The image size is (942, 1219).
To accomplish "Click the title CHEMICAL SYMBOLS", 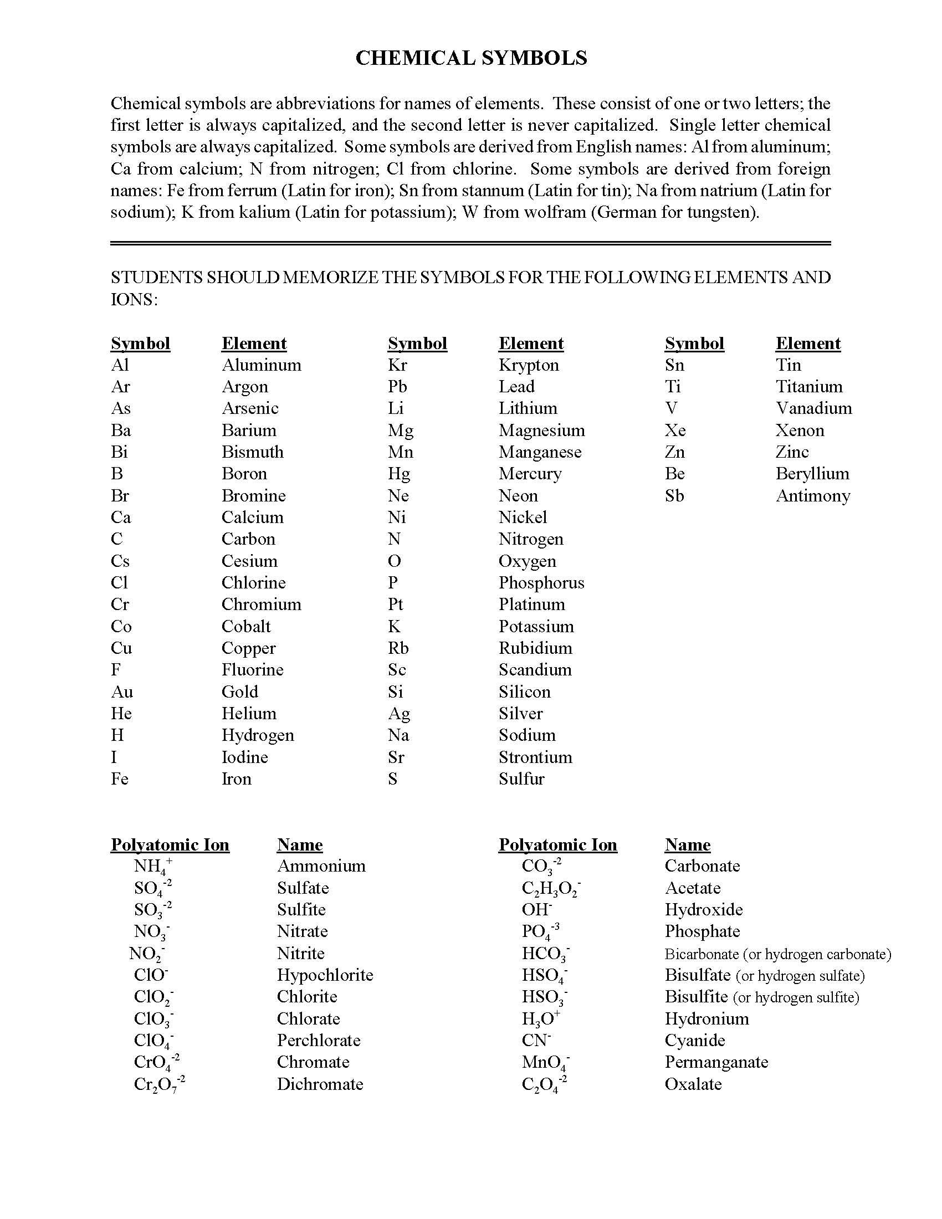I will tap(471, 58).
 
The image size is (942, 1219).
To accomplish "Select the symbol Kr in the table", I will tap(397, 365).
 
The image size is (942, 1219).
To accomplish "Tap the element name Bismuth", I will tap(252, 452).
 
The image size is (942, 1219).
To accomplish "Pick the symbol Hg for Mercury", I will tap(399, 474).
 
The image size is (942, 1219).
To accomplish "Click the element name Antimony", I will tap(812, 496).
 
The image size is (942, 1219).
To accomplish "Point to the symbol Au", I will tap(122, 692).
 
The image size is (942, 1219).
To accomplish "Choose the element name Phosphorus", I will tap(541, 583).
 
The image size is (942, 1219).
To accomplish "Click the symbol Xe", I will tap(675, 431).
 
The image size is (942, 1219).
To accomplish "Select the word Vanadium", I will tap(813, 408).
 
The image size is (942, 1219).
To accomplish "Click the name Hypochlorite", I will tap(325, 975).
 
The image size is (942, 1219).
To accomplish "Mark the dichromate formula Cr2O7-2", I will tap(159, 1084).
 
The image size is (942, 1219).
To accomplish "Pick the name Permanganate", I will tap(716, 1062).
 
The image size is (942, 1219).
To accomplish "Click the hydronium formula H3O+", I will tap(540, 1019).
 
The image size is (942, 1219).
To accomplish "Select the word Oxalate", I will tap(693, 1084).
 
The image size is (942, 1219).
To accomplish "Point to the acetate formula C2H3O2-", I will tap(551, 889).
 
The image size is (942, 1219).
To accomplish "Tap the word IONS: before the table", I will tap(134, 300).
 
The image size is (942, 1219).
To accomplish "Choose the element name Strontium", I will tap(535, 757).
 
